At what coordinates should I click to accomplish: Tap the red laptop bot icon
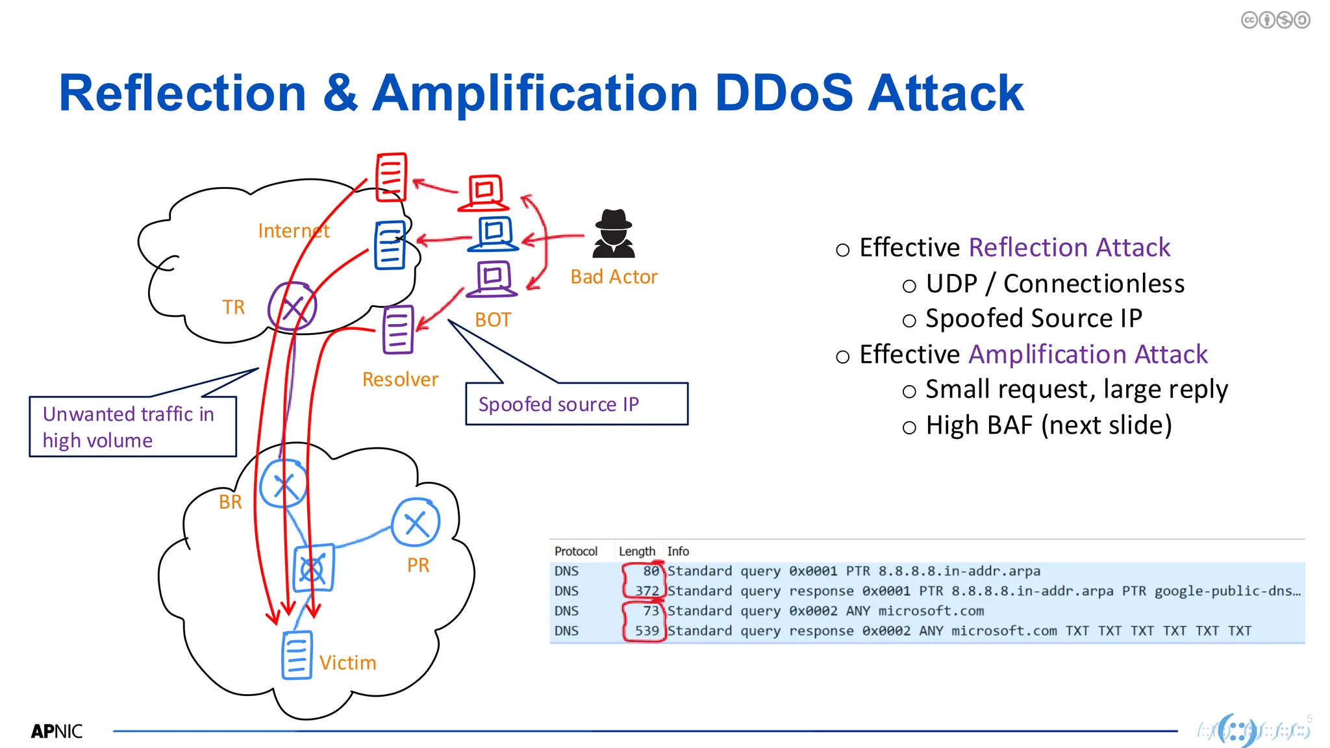click(484, 193)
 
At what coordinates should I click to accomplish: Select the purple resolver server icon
click(397, 329)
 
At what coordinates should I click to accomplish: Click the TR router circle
click(292, 306)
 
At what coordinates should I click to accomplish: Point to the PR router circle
click(416, 522)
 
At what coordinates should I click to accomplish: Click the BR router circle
click(283, 484)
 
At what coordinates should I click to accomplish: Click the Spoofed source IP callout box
click(576, 404)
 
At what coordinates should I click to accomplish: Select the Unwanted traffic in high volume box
click(132, 427)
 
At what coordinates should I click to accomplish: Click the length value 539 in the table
click(647, 630)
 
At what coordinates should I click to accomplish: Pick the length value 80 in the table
click(651, 571)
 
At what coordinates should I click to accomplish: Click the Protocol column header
click(575, 551)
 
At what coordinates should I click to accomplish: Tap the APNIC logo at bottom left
click(56, 731)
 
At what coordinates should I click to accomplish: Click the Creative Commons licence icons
click(1275, 20)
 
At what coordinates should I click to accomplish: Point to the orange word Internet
click(294, 231)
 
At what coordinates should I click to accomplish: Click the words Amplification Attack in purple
click(1088, 355)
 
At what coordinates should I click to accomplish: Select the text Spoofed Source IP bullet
click(1033, 318)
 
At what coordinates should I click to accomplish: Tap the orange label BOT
click(493, 319)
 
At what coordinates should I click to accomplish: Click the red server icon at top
click(392, 177)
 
